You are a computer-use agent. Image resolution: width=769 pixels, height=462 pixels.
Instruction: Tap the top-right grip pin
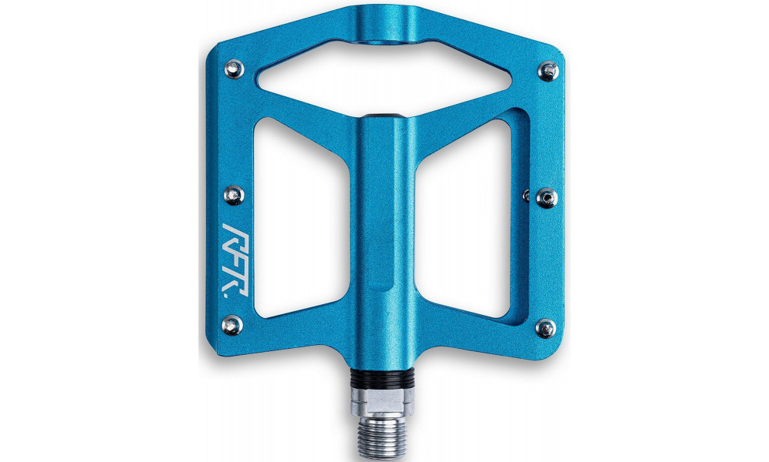coord(547,72)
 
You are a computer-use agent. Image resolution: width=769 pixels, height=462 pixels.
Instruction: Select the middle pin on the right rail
coord(546,197)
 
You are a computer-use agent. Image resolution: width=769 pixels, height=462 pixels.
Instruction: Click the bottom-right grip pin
coord(546,328)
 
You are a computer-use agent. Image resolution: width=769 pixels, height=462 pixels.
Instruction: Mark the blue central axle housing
coord(384,231)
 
